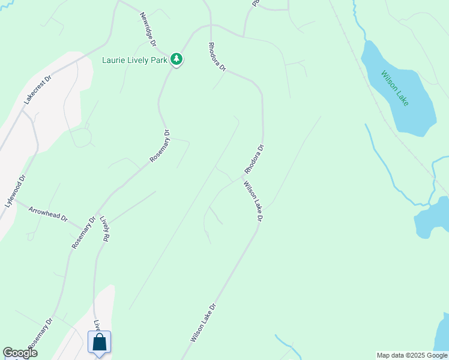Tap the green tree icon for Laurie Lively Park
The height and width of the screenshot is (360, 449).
(x=176, y=59)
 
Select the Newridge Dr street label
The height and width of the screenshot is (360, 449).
(x=148, y=29)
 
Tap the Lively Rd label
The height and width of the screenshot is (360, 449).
(x=105, y=229)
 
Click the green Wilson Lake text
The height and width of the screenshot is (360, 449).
(x=395, y=88)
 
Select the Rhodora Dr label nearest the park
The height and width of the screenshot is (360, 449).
(x=217, y=57)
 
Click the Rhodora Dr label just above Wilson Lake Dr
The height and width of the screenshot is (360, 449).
(x=253, y=159)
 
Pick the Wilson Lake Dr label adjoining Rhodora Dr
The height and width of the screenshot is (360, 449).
(x=253, y=202)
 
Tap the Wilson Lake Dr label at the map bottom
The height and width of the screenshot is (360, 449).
(x=203, y=322)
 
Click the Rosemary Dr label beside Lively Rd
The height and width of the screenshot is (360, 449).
(x=83, y=233)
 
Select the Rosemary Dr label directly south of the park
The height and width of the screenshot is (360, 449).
(x=160, y=146)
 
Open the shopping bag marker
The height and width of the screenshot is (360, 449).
(x=100, y=343)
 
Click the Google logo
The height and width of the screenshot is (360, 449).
(x=20, y=353)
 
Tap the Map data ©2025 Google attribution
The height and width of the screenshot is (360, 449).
(x=412, y=355)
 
